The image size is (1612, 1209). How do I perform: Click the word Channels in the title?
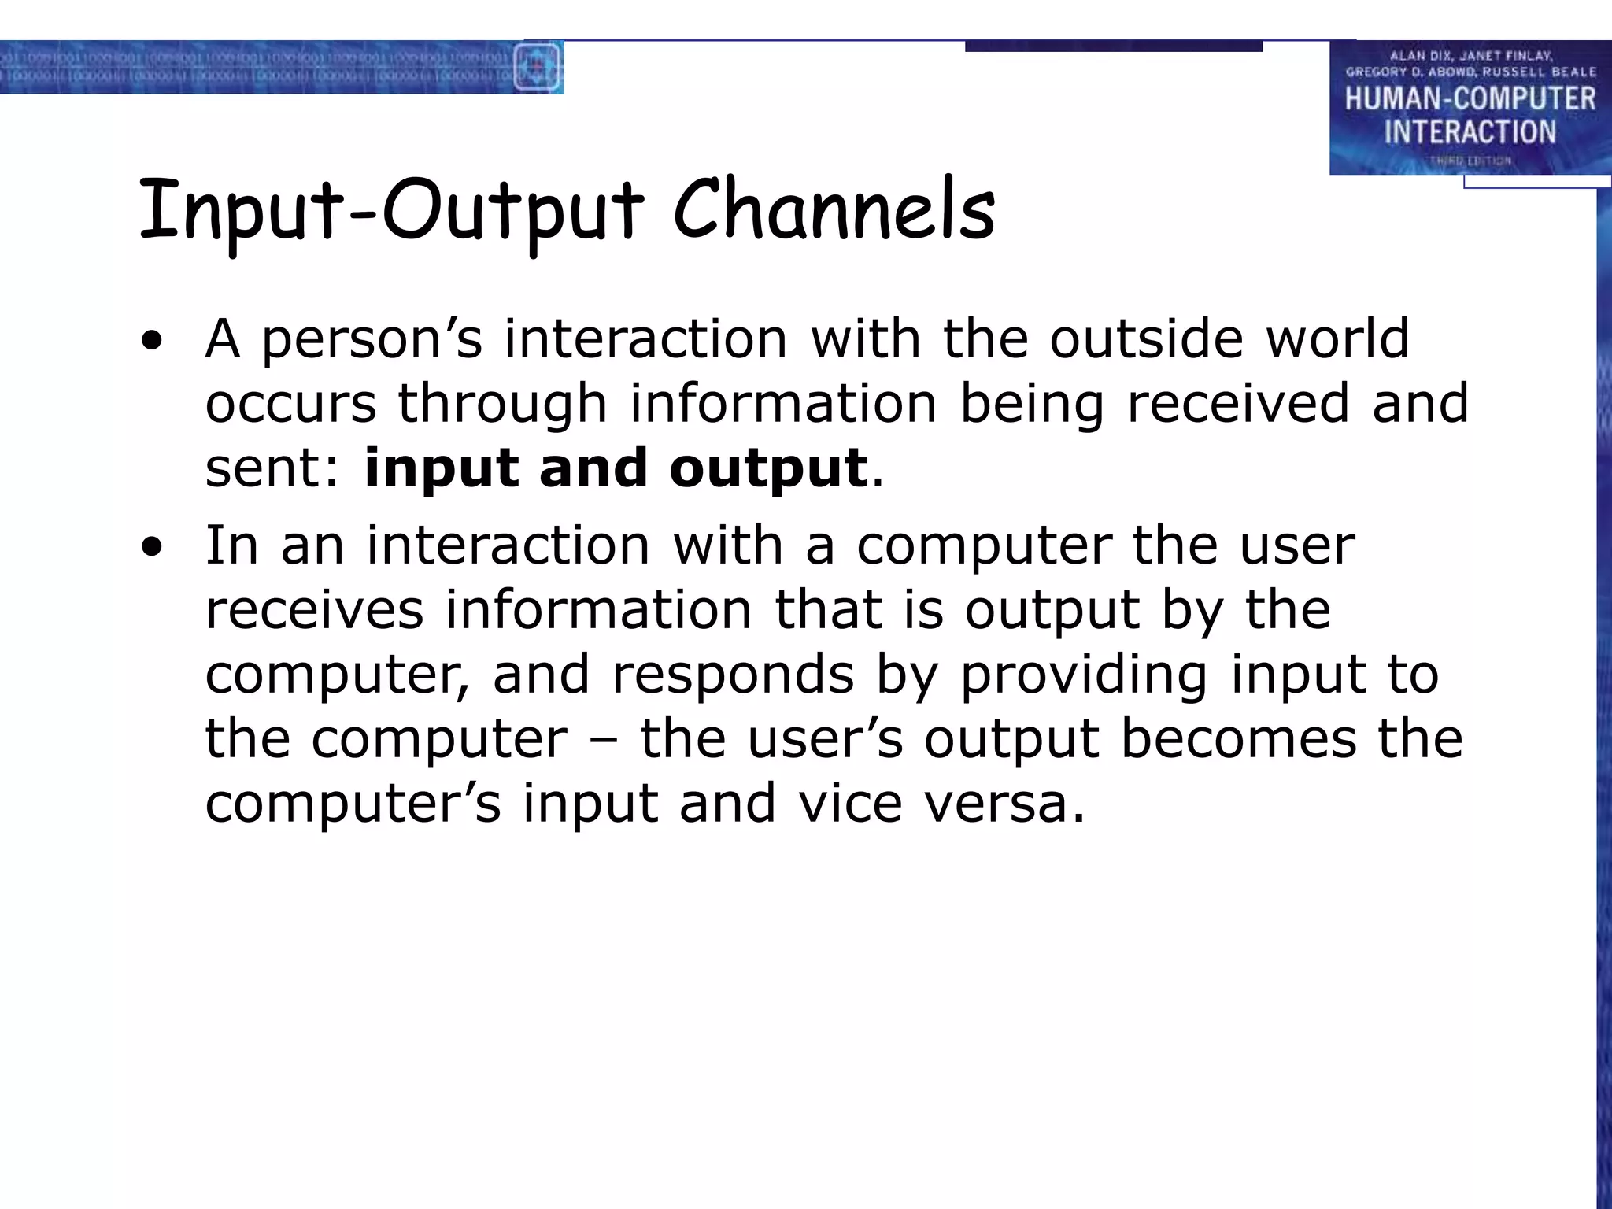point(834,209)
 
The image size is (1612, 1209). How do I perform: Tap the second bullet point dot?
point(152,547)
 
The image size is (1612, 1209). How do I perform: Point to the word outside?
point(1146,338)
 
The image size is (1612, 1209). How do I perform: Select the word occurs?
point(291,404)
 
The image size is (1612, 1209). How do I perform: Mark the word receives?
point(314,610)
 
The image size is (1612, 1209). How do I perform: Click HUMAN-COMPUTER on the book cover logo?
point(1470,99)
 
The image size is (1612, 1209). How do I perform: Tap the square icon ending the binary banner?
point(538,67)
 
